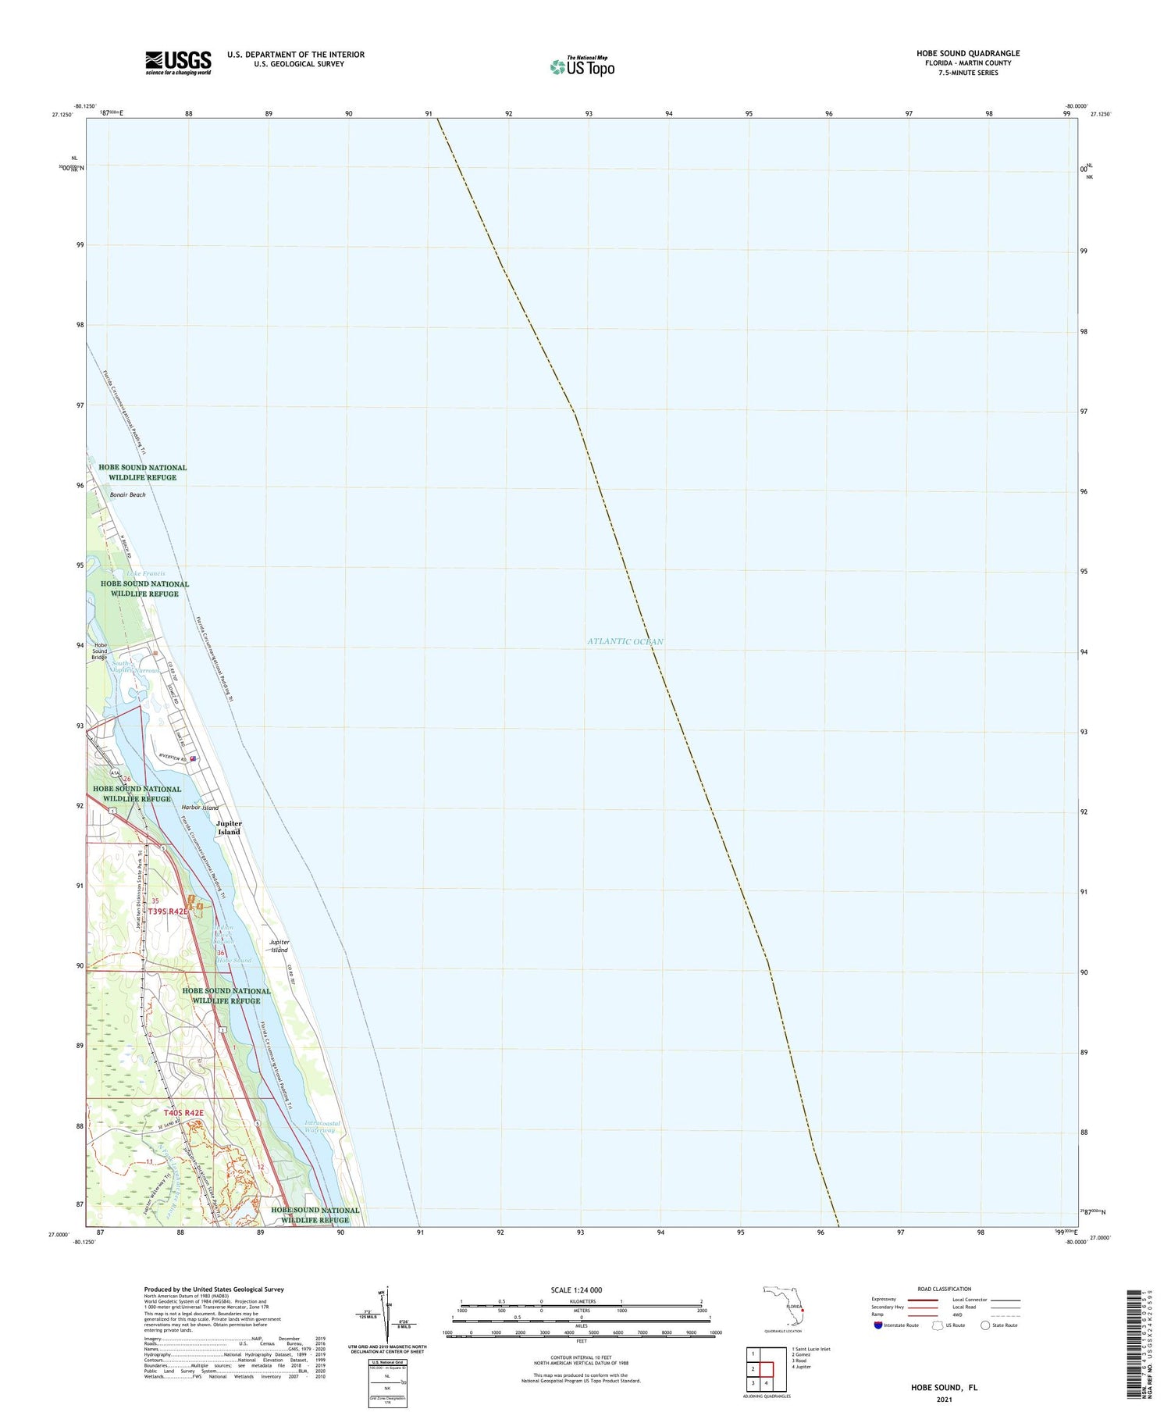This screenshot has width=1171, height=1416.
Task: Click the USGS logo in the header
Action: pyautogui.click(x=178, y=62)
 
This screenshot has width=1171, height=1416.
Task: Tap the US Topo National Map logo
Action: pyautogui.click(x=582, y=66)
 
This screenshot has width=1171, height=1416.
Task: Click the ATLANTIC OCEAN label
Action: pyautogui.click(x=625, y=641)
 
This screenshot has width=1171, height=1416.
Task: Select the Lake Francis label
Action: pyautogui.click(x=146, y=573)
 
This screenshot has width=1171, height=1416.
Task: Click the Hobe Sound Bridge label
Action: pyautogui.click(x=99, y=651)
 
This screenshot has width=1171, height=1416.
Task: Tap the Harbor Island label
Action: pyautogui.click(x=200, y=808)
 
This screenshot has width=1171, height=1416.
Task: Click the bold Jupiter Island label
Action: pyautogui.click(x=229, y=828)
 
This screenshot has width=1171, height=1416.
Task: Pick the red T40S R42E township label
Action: pyautogui.click(x=183, y=1112)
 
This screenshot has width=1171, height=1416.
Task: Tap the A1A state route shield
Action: pyautogui.click(x=115, y=772)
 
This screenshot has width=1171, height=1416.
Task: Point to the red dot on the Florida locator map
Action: pyautogui.click(x=802, y=1310)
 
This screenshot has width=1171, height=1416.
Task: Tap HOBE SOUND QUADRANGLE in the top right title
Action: pyautogui.click(x=967, y=53)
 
